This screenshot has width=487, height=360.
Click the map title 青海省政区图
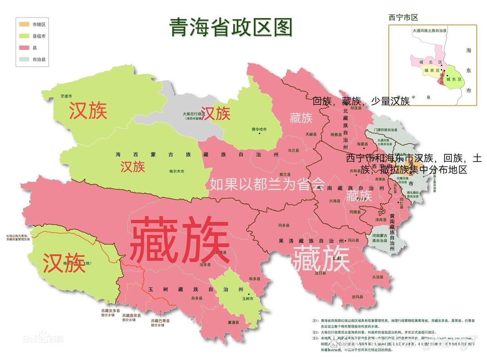(231, 27)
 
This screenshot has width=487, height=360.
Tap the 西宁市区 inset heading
(403, 18)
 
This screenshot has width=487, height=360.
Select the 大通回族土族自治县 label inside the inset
(429, 31)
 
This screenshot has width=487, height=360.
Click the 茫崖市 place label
(67, 96)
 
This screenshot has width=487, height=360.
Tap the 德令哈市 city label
(259, 129)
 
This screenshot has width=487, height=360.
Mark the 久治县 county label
(377, 278)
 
